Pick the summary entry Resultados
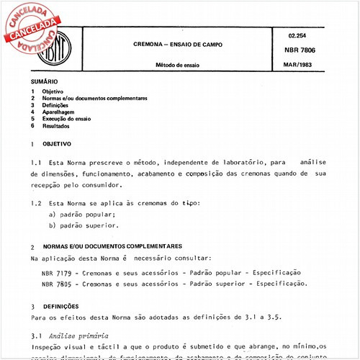click(60, 126)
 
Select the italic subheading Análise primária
click(78, 336)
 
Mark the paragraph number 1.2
click(37, 204)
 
